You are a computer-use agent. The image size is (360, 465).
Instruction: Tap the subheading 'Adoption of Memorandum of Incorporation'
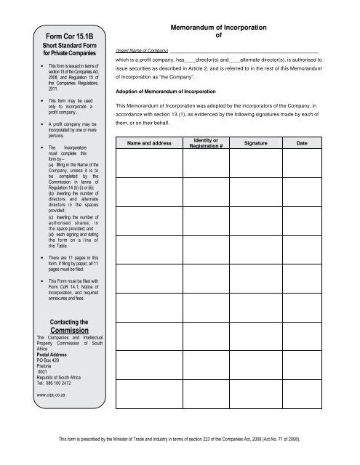167,93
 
